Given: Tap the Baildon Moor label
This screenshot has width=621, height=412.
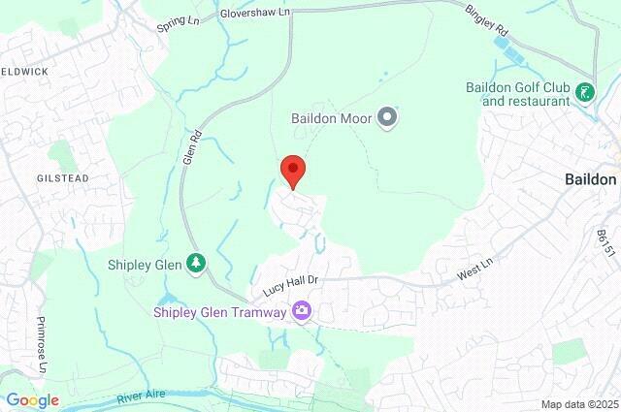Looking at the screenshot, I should pos(332,118).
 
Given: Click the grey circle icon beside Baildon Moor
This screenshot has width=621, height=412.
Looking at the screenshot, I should pos(387,118).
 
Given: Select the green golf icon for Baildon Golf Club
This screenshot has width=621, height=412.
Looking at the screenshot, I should pos(585,93).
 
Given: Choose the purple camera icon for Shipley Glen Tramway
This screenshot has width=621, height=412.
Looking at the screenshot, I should pos(303,311).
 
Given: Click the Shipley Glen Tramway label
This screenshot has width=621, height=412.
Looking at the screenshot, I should pos(220,312).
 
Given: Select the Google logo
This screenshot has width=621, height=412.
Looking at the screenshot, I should pos(32,399).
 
